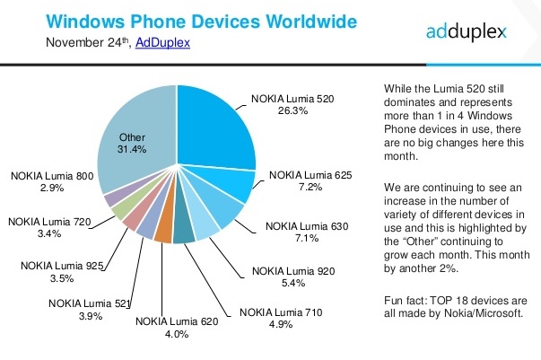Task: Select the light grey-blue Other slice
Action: (x=138, y=138)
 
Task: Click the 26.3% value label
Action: (x=292, y=110)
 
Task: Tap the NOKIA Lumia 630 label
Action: (x=307, y=226)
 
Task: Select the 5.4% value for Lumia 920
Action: (x=293, y=284)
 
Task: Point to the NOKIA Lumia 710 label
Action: (x=281, y=312)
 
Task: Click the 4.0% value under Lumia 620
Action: (x=177, y=334)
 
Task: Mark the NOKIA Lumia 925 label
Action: (x=62, y=266)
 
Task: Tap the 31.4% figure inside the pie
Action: (x=132, y=149)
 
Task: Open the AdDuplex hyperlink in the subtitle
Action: (x=162, y=42)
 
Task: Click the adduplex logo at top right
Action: (x=467, y=31)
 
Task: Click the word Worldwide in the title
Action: (x=311, y=22)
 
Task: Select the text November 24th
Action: (x=88, y=42)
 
